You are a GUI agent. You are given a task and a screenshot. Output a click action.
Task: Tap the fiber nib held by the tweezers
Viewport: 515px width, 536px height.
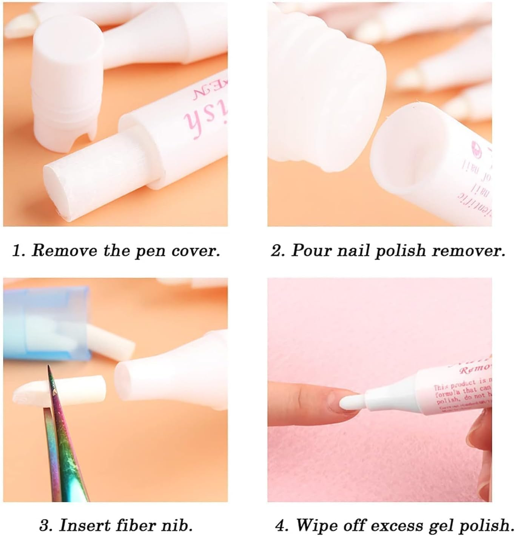coord(57,389)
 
